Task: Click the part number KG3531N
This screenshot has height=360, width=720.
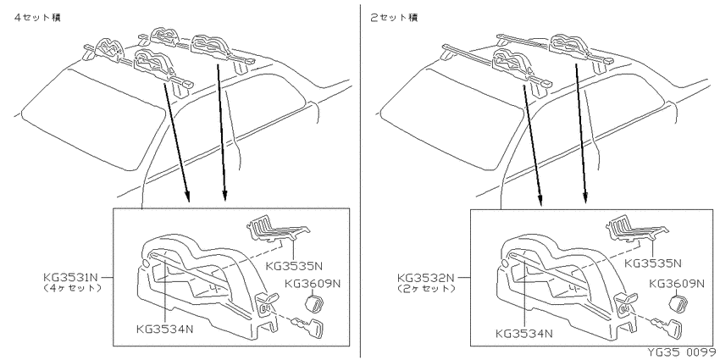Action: [x=71, y=277]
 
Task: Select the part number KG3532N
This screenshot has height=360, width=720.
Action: [x=426, y=278]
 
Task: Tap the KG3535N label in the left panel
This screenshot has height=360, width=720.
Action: [x=294, y=266]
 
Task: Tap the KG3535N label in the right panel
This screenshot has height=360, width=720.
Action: [x=653, y=263]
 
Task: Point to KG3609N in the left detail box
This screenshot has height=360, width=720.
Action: [x=313, y=283]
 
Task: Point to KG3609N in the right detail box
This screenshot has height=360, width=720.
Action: [x=677, y=283]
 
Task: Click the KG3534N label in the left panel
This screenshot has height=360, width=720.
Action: [x=165, y=329]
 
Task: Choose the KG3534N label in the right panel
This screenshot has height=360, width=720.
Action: [x=524, y=334]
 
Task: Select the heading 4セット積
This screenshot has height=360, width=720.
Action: [x=37, y=18]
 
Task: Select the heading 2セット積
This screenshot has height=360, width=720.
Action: [x=395, y=18]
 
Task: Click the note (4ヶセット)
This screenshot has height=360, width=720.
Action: [x=71, y=288]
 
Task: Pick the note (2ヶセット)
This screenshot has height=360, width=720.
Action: [x=426, y=288]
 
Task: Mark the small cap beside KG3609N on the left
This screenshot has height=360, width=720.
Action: [x=313, y=303]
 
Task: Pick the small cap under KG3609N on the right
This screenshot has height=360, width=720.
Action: [x=674, y=304]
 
